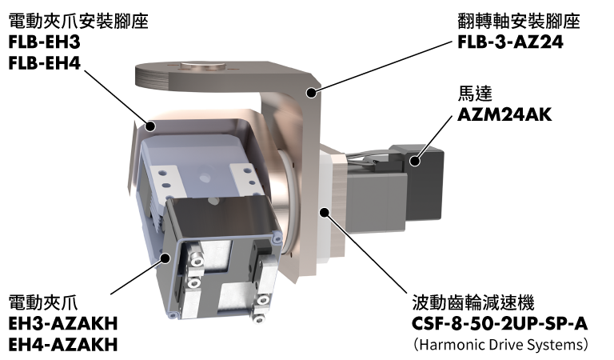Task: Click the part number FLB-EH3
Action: (x=44, y=42)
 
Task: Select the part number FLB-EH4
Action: (x=44, y=63)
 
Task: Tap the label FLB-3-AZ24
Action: (x=510, y=42)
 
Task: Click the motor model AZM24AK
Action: (x=504, y=114)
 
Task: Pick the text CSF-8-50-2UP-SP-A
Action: (x=500, y=323)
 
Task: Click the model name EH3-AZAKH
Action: (x=63, y=323)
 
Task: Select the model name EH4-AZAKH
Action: (x=63, y=345)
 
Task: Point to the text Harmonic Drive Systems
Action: (x=500, y=345)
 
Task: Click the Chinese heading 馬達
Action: (x=475, y=94)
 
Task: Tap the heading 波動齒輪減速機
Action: (x=473, y=303)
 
